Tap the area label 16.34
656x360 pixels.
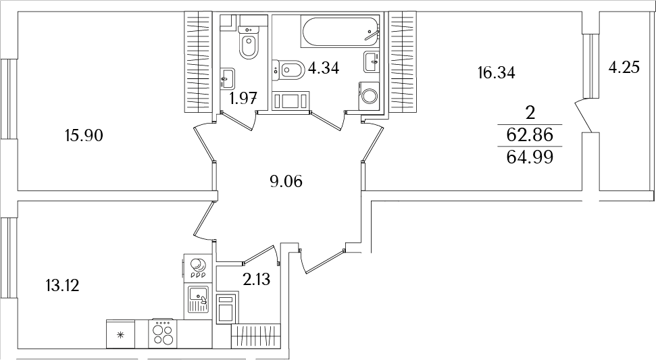pyautogui.click(x=497, y=73)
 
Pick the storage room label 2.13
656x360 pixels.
pyautogui.click(x=256, y=280)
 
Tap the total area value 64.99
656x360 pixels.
pyautogui.click(x=530, y=157)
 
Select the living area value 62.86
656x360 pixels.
pyautogui.click(x=530, y=135)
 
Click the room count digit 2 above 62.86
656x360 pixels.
pyautogui.click(x=530, y=113)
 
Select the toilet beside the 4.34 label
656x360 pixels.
pyautogui.click(x=288, y=68)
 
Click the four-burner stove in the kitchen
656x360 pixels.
pyautogui.click(x=163, y=333)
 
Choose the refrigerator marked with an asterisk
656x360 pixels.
pyautogui.click(x=121, y=334)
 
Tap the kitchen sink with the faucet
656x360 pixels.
pyautogui.click(x=199, y=299)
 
